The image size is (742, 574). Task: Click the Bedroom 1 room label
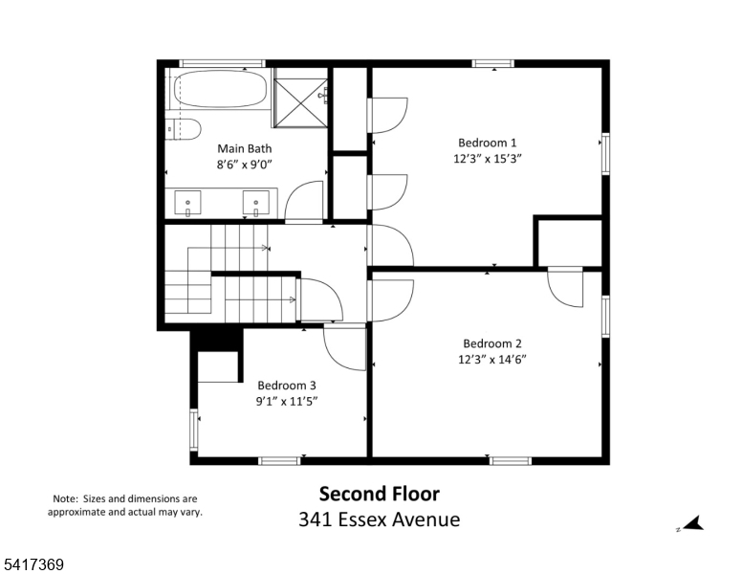click(487, 143)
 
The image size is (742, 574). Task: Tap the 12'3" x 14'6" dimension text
click(492, 360)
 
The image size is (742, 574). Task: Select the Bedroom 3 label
click(287, 386)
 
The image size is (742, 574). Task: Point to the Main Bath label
click(244, 148)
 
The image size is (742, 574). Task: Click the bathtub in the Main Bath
click(220, 89)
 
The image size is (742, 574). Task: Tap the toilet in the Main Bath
click(185, 128)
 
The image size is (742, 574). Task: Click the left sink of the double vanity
click(187, 204)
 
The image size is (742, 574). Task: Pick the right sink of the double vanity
click(255, 204)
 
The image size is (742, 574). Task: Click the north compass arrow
click(694, 524)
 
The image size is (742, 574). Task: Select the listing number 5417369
click(33, 564)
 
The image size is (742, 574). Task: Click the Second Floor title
click(379, 494)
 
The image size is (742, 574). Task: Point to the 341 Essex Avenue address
click(379, 519)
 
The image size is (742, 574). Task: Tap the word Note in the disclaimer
click(64, 498)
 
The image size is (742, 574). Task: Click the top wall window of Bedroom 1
click(492, 63)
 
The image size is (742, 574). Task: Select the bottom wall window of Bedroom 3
click(279, 461)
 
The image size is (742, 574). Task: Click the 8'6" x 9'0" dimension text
click(244, 165)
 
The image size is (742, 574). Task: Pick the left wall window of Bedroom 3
click(193, 430)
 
